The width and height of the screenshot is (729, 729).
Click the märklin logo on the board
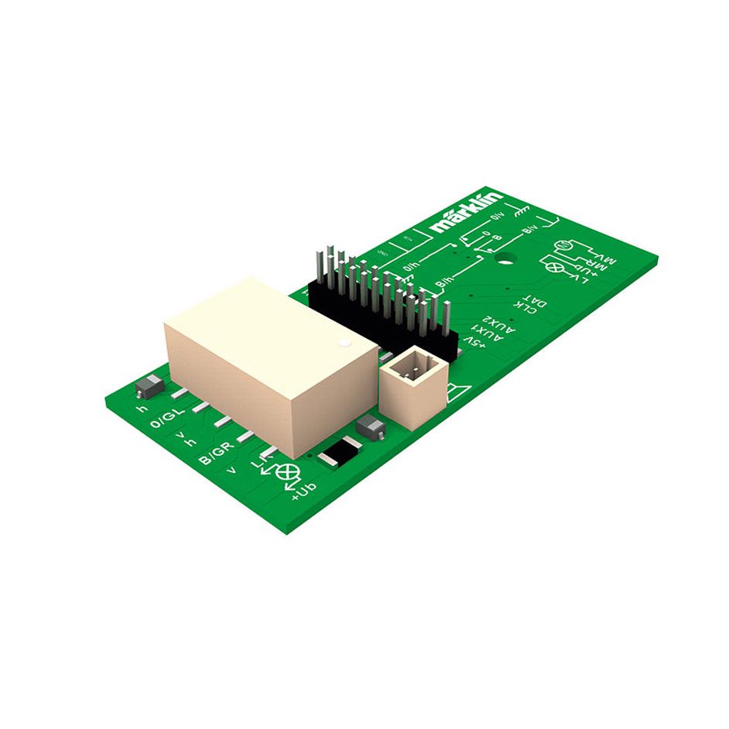(x=467, y=211)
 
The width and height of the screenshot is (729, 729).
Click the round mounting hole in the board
(x=507, y=258)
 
